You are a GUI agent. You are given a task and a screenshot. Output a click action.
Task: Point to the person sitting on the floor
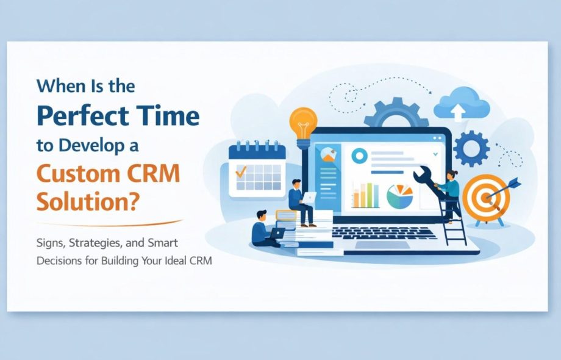263,229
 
